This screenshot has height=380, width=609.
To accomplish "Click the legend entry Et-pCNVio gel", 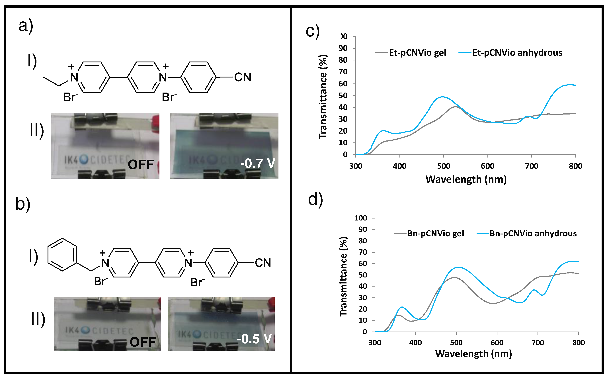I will click(x=417, y=53).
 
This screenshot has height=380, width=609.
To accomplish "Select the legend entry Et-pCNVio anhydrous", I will click(x=517, y=53).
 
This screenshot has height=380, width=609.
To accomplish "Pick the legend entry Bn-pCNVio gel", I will click(x=435, y=234).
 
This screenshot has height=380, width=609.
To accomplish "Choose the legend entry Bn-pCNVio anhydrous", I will click(x=533, y=234).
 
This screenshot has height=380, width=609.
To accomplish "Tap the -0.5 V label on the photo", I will click(x=254, y=339).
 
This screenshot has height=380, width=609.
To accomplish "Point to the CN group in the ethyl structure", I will click(x=242, y=77).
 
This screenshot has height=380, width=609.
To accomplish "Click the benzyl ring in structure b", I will click(x=62, y=255).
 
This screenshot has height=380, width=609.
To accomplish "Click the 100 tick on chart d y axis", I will click(x=360, y=218).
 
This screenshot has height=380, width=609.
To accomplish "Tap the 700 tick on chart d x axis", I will click(x=538, y=343).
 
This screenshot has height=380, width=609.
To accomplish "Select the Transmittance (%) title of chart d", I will click(x=343, y=276).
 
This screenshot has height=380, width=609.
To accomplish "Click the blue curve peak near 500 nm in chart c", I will click(x=442, y=97).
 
